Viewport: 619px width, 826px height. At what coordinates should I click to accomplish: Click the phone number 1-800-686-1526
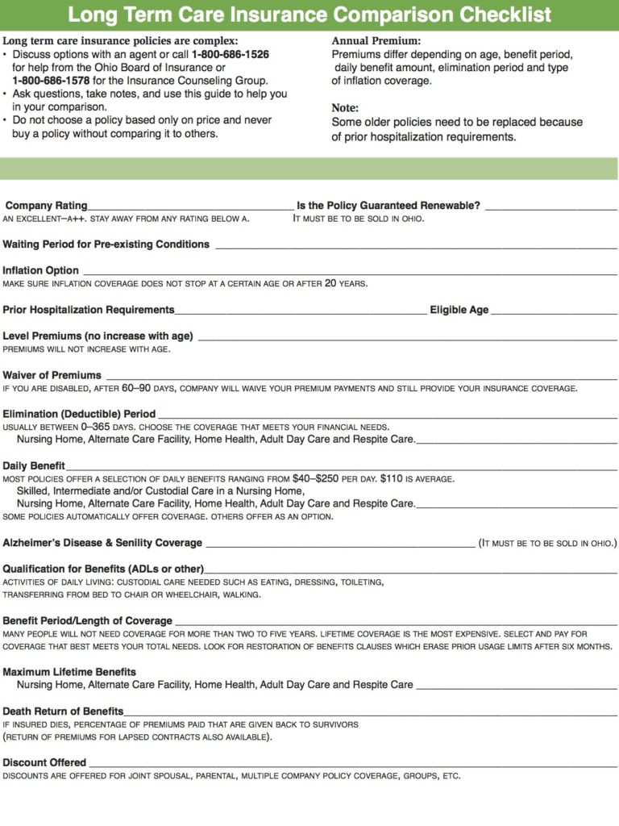pyautogui.click(x=231, y=54)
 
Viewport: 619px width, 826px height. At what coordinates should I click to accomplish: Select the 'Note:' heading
pyautogui.click(x=345, y=108)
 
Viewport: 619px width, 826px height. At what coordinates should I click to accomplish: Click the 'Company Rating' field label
pyautogui.click(x=47, y=206)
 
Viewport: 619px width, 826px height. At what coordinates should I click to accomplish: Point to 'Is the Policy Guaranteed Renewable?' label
pyautogui.click(x=388, y=206)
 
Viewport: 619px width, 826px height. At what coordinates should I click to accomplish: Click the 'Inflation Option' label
pyautogui.click(x=41, y=270)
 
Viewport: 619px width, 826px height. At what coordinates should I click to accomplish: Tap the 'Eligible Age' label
pyautogui.click(x=459, y=310)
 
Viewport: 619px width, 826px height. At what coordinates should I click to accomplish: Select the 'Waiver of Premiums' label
pyautogui.click(x=52, y=375)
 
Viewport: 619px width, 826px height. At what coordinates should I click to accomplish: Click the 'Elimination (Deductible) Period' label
pyautogui.click(x=79, y=414)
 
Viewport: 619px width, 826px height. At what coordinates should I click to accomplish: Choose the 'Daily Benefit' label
pyautogui.click(x=34, y=466)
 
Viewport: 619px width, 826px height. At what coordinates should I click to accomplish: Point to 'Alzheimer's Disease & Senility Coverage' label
pyautogui.click(x=102, y=543)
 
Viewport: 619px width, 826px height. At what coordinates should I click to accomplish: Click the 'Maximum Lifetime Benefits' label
pyautogui.click(x=69, y=672)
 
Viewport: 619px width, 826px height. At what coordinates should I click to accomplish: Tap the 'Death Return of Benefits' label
pyautogui.click(x=63, y=711)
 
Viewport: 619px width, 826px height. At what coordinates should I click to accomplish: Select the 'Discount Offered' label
pyautogui.click(x=44, y=762)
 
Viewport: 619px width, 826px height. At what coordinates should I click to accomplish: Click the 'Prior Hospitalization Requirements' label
pyautogui.click(x=89, y=310)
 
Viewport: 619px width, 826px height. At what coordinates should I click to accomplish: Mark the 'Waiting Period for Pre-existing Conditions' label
pyautogui.click(x=106, y=244)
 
